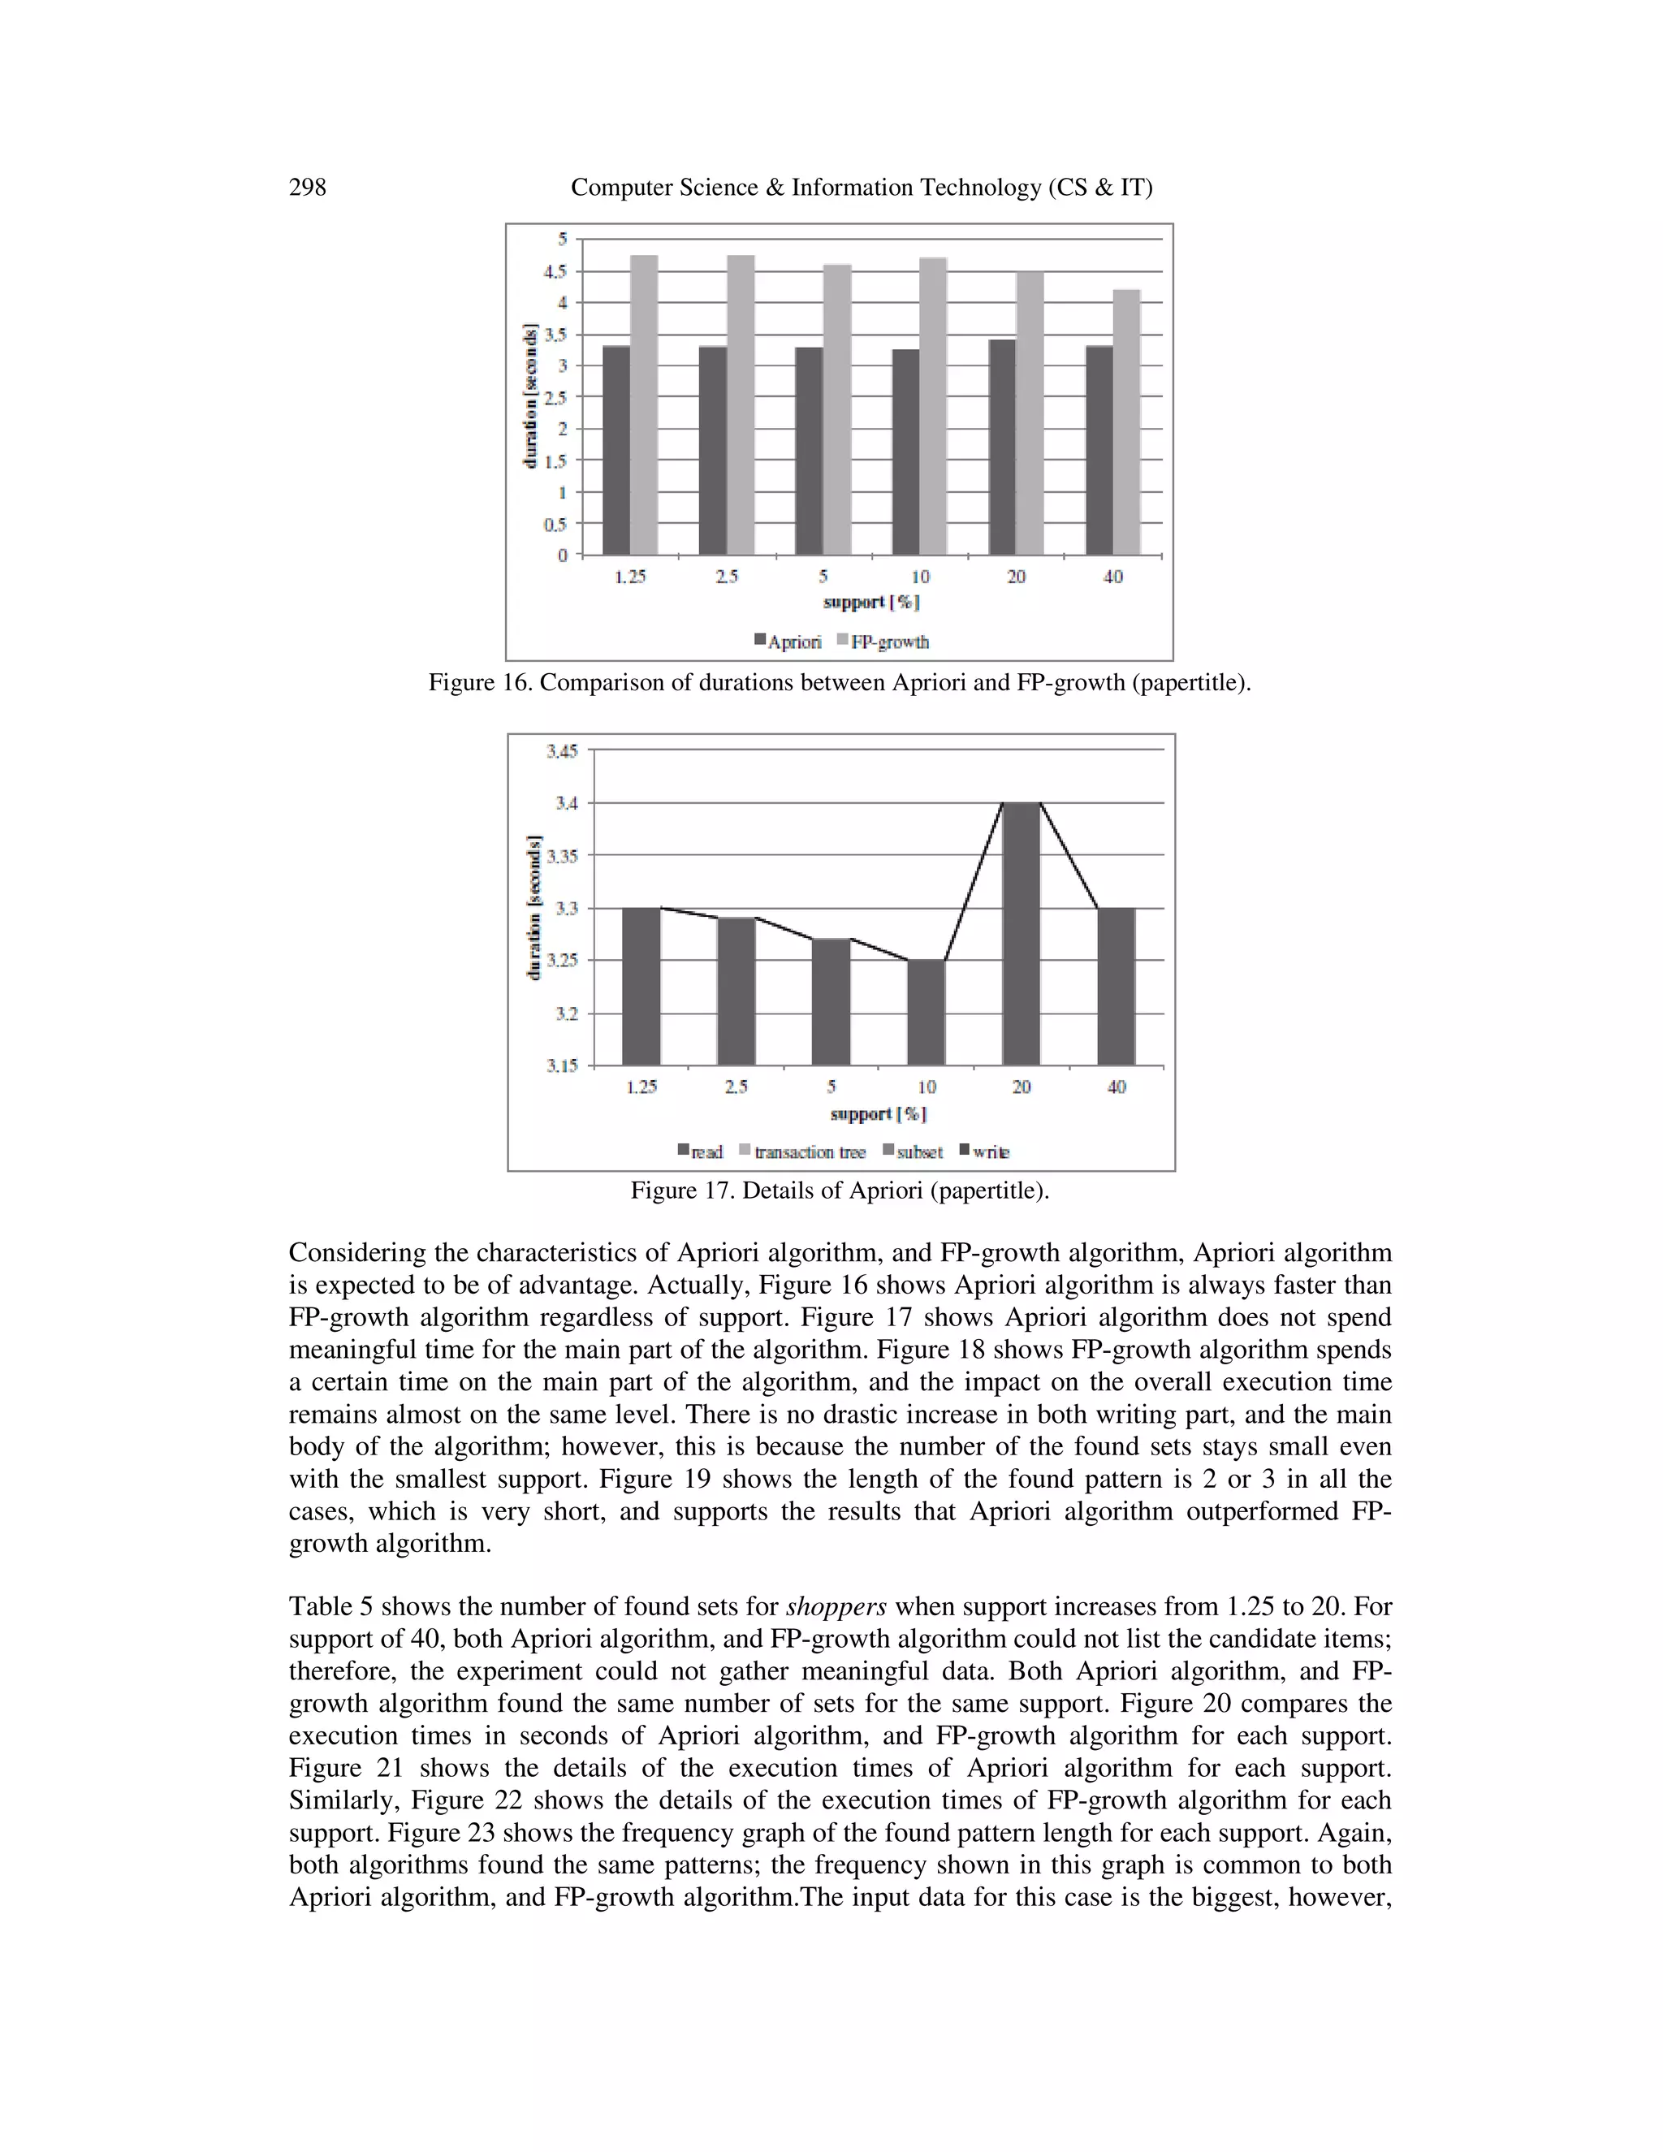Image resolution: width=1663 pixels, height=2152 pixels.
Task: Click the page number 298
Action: [308, 188]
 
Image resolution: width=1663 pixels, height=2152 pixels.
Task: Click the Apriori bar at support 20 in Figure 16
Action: [1002, 447]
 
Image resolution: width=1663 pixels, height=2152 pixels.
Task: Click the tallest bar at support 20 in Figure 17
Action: [1021, 933]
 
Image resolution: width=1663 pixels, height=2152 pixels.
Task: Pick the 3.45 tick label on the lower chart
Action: [563, 752]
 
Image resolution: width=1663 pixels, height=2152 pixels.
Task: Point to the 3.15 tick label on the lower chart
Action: [563, 1065]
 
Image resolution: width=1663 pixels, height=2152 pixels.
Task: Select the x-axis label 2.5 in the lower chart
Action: [736, 1087]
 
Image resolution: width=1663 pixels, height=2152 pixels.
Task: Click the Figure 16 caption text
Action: [840, 682]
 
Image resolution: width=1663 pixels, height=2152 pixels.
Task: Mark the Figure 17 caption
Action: [840, 1191]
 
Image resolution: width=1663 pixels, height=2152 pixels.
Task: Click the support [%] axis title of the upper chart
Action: [871, 601]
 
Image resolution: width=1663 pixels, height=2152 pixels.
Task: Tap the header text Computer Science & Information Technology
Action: [861, 188]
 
